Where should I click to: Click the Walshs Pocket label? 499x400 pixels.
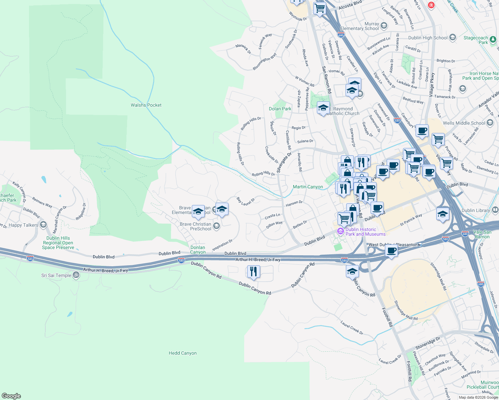pos(146,105)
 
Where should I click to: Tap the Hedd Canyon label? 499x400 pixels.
pos(182,353)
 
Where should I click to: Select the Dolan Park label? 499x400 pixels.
pos(280,109)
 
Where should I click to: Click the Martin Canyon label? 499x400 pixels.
pos(308,187)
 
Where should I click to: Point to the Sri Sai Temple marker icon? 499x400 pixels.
pos(76,275)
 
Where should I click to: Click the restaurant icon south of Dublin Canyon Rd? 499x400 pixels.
pos(254,272)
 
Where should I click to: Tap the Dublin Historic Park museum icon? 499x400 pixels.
pos(341,231)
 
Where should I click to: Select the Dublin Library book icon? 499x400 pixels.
pos(495,210)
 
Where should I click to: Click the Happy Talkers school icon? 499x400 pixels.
pos(43,225)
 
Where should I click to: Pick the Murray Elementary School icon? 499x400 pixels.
pos(384,26)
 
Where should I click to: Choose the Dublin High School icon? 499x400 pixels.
pos(452,37)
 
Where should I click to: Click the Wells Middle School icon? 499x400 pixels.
pos(490,123)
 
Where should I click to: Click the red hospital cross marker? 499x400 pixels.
pos(431,5)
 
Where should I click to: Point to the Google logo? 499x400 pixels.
pos(11,396)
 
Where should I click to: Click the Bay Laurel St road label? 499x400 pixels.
pos(245,201)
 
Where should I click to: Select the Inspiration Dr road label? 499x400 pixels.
pos(222,245)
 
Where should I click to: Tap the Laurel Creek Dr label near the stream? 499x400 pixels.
pos(352,328)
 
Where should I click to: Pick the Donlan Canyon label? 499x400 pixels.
pos(198,250)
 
